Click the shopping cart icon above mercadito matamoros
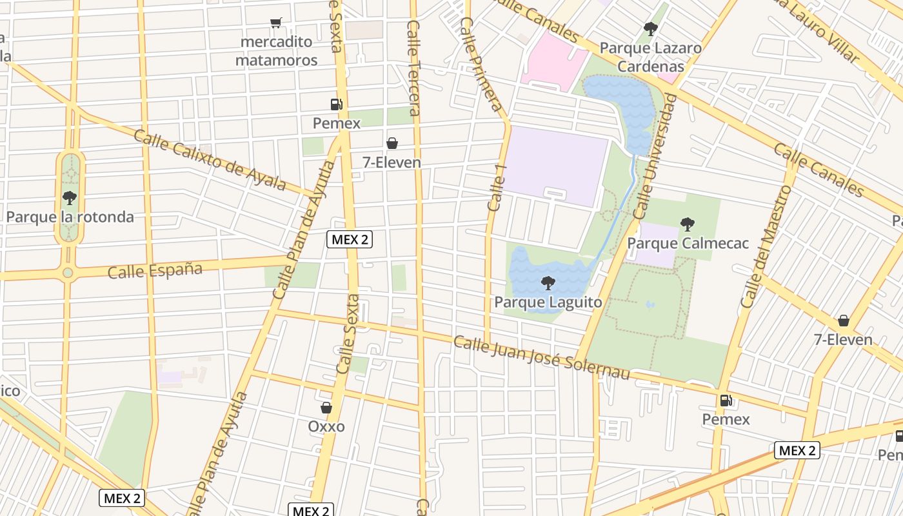pyautogui.click(x=276, y=23)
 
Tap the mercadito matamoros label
pyautogui.click(x=276, y=51)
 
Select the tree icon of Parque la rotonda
pyautogui.click(x=70, y=198)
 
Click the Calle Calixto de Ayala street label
pyautogui.click(x=210, y=160)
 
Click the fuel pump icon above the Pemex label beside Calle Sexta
pyautogui.click(x=336, y=104)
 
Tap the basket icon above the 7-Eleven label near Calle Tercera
pyautogui.click(x=392, y=143)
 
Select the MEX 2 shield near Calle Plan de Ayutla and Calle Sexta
pyautogui.click(x=350, y=240)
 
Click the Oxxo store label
pyautogui.click(x=326, y=426)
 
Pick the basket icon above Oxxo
pyautogui.click(x=326, y=408)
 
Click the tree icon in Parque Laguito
pyautogui.click(x=548, y=283)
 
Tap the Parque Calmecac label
pyautogui.click(x=688, y=243)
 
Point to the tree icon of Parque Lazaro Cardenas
pyautogui.click(x=650, y=29)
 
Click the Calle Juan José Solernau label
pyautogui.click(x=541, y=357)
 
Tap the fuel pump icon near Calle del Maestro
pyautogui.click(x=726, y=401)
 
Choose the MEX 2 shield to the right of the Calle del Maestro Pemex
pyautogui.click(x=797, y=450)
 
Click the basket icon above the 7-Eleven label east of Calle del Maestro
pyautogui.click(x=843, y=321)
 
